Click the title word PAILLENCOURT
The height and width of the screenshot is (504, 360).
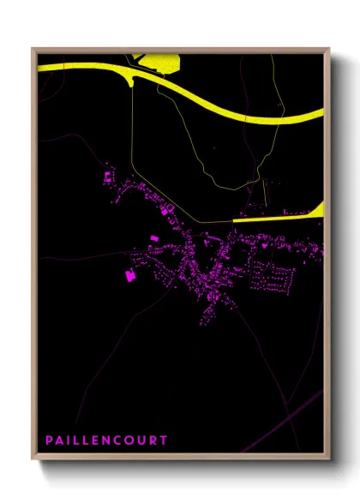[106, 441]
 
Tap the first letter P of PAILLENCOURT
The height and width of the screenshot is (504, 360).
[48, 441]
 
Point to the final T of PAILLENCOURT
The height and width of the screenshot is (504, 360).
[165, 441]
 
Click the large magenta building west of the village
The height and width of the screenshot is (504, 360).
[130, 276]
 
